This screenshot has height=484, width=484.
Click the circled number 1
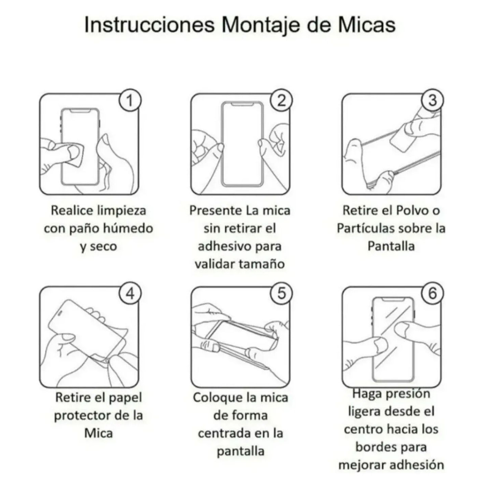click(x=130, y=100)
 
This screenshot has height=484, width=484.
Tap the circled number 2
click(x=281, y=100)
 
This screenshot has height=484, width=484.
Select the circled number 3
click(x=432, y=100)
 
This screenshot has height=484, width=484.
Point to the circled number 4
click(x=130, y=293)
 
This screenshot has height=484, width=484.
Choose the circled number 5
click(x=281, y=293)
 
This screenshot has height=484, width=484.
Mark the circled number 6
click(x=432, y=293)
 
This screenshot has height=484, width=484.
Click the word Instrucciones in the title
click(x=150, y=24)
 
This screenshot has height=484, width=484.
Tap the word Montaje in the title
click(x=261, y=25)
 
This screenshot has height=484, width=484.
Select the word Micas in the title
click(x=367, y=24)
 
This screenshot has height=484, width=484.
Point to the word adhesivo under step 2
click(x=223, y=246)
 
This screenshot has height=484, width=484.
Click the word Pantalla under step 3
click(x=391, y=246)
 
